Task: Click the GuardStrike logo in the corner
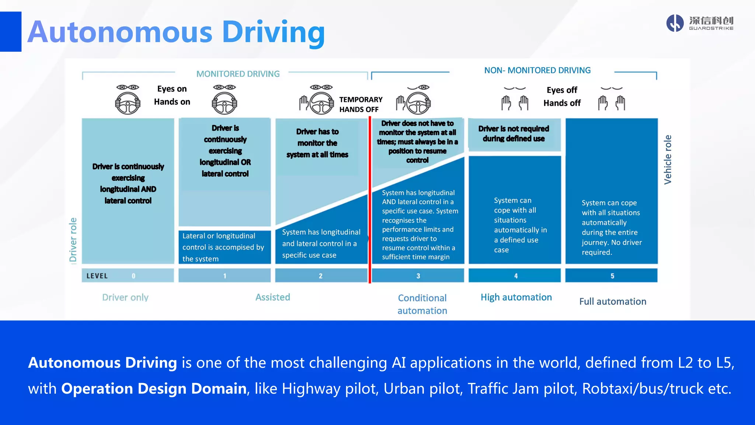pyautogui.click(x=699, y=23)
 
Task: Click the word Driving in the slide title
pyautogui.click(x=273, y=32)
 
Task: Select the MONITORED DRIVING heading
pyautogui.click(x=238, y=74)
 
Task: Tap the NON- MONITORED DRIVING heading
pyautogui.click(x=537, y=70)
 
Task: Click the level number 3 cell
pyautogui.click(x=418, y=276)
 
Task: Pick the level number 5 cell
pyautogui.click(x=612, y=276)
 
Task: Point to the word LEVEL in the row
pyautogui.click(x=97, y=276)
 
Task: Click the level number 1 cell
pyautogui.click(x=225, y=276)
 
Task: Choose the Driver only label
pyautogui.click(x=125, y=297)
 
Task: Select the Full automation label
pyautogui.click(x=613, y=301)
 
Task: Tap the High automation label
pyautogui.click(x=516, y=297)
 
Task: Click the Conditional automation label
pyautogui.click(x=422, y=304)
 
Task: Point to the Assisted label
pyautogui.click(x=273, y=297)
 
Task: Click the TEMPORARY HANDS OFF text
pyautogui.click(x=361, y=104)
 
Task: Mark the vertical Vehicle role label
pyautogui.click(x=668, y=160)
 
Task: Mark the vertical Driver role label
pyautogui.click(x=73, y=240)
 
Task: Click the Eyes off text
pyautogui.click(x=562, y=90)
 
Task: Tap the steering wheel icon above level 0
pyautogui.click(x=128, y=103)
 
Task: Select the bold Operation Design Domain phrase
pyautogui.click(x=154, y=388)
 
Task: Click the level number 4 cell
pyautogui.click(x=515, y=276)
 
